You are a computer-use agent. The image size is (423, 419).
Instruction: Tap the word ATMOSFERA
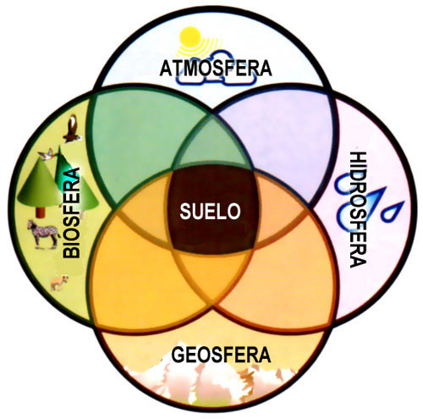tap(216, 68)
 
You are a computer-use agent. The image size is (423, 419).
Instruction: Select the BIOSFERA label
tap(71, 212)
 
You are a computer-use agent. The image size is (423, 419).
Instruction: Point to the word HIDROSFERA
tap(358, 209)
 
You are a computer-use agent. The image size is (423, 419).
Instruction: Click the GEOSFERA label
tap(221, 355)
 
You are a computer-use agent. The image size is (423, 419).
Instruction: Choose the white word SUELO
tap(210, 212)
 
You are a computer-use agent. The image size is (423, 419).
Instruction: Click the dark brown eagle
tap(73, 129)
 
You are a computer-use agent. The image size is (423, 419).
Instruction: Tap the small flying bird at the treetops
tap(47, 154)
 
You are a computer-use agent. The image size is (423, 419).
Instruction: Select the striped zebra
tap(43, 234)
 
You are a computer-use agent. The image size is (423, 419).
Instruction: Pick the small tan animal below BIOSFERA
tap(59, 283)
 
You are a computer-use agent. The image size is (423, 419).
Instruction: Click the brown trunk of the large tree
tap(41, 212)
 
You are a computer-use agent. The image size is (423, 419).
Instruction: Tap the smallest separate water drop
tap(393, 211)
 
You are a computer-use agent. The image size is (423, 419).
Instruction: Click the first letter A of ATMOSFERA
tap(167, 69)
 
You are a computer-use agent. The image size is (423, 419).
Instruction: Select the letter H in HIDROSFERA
tap(358, 158)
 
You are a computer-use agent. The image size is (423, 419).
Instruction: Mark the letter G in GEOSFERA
tap(179, 355)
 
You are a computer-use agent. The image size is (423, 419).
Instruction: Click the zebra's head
tap(30, 224)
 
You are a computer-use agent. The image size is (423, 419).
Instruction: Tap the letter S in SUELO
tap(185, 212)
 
